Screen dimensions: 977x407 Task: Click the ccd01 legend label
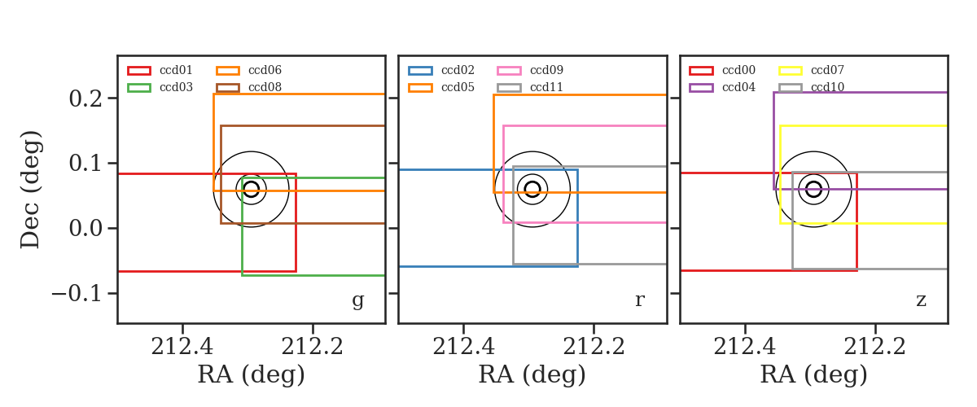click(x=176, y=70)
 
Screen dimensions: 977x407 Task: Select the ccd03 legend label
click(x=176, y=87)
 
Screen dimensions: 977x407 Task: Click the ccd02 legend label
click(x=458, y=70)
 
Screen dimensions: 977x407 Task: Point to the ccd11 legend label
click(x=546, y=87)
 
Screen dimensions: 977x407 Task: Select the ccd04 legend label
click(x=738, y=87)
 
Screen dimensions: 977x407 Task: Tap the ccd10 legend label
click(x=827, y=87)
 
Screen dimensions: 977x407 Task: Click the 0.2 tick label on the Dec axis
click(x=85, y=98)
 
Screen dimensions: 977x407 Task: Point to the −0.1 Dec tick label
click(x=77, y=294)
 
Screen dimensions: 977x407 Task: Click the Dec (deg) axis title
click(x=31, y=190)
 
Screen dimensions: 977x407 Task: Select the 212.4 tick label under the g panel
click(x=182, y=347)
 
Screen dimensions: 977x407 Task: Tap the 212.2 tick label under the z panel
click(x=875, y=347)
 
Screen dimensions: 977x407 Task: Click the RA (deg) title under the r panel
click(x=532, y=374)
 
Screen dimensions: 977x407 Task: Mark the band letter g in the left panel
click(x=357, y=301)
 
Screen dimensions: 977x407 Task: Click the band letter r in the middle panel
click(x=639, y=300)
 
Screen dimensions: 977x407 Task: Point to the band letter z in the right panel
click(x=921, y=300)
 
